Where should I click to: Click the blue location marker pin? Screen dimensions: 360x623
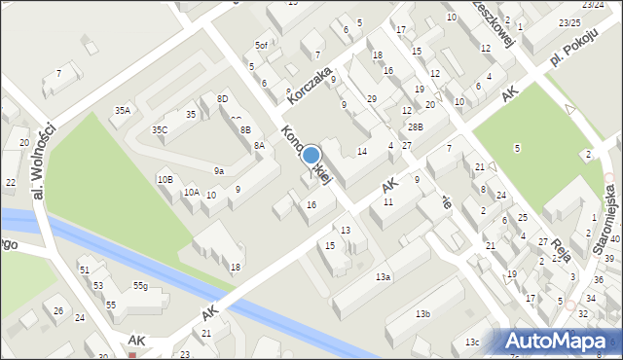coord(311,156)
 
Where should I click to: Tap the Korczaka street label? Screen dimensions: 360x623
coord(310,83)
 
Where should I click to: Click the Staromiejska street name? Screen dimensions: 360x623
coord(607,218)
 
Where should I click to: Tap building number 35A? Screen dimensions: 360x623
coord(122,111)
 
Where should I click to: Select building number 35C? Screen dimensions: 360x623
coord(160,129)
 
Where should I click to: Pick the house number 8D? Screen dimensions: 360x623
coord(222,99)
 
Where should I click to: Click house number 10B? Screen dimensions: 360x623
coord(165,179)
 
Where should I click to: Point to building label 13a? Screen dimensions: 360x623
coord(384,277)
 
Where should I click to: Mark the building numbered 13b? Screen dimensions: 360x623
coord(422,314)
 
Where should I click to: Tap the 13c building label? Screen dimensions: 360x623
coord(472,342)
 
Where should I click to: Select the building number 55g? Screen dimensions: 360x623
coord(141,285)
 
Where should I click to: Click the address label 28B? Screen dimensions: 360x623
coord(416,127)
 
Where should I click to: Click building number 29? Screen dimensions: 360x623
coord(371,99)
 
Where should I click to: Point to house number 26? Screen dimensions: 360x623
coord(58,311)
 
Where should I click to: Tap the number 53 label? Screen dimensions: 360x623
coord(98,285)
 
